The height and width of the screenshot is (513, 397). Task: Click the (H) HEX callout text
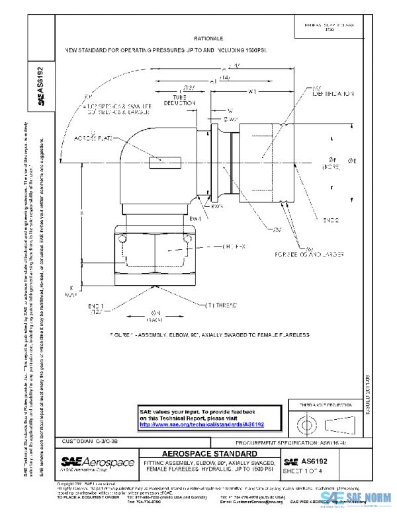(218, 247)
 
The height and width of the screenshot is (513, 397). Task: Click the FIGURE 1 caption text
(210, 335)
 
